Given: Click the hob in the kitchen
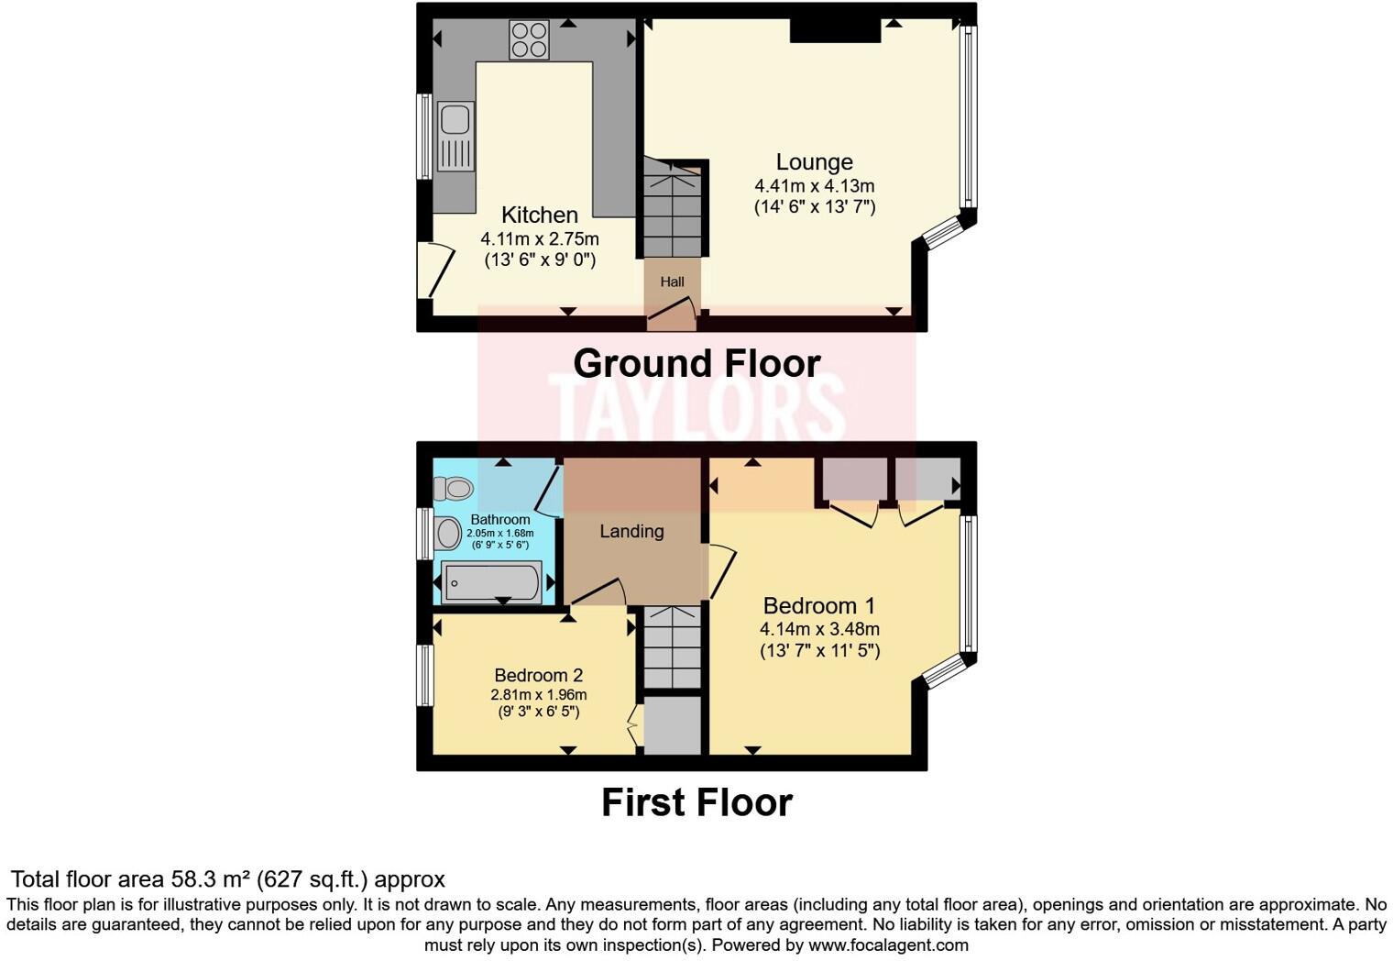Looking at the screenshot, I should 529,39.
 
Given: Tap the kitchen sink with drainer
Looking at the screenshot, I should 455,137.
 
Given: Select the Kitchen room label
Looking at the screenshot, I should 539,215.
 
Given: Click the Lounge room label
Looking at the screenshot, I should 814,162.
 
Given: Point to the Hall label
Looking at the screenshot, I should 672,282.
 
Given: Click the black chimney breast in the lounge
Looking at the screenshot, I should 835,30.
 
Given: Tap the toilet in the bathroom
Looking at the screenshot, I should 454,488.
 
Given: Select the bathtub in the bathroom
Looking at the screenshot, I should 491,582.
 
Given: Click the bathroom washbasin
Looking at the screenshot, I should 448,533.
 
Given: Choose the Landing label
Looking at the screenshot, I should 631,531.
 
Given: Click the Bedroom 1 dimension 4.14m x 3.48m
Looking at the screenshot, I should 819,629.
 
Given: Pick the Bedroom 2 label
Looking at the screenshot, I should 538,676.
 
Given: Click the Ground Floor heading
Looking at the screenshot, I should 696,364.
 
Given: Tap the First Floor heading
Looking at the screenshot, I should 696,802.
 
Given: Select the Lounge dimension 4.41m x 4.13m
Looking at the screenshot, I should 814,186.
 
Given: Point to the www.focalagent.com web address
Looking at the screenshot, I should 888,945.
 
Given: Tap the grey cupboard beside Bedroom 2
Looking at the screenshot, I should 673,725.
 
